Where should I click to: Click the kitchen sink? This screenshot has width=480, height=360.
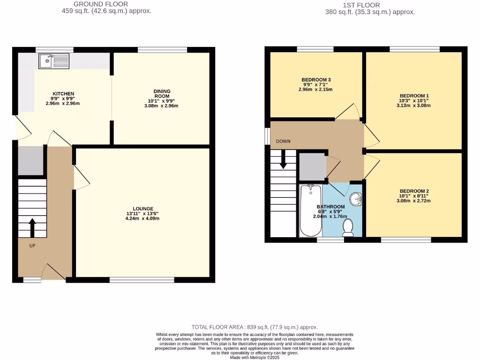pyautogui.click(x=54, y=61)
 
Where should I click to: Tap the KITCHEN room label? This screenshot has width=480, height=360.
pyautogui.click(x=63, y=94)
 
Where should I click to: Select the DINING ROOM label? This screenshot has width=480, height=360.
pyautogui.click(x=162, y=94)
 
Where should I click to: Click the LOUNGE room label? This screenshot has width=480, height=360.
pyautogui.click(x=143, y=209)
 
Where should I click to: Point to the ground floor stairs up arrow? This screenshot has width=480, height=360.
pyautogui.click(x=32, y=227)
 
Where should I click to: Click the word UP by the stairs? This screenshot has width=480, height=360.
pyautogui.click(x=32, y=245)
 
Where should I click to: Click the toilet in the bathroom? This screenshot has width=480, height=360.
pyautogui.click(x=348, y=227)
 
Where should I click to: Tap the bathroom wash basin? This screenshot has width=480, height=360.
pyautogui.click(x=357, y=199)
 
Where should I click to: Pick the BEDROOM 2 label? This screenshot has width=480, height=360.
pyautogui.click(x=414, y=191)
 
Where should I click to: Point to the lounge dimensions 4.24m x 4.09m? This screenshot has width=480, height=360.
pyautogui.click(x=143, y=218)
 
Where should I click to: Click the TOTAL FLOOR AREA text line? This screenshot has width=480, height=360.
pyautogui.click(x=255, y=327)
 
